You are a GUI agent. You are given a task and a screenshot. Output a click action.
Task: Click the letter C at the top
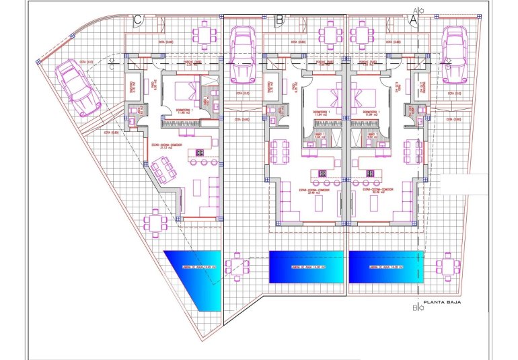137,20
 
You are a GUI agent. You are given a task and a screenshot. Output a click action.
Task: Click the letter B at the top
280,20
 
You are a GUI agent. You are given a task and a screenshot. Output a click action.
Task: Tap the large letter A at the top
414,20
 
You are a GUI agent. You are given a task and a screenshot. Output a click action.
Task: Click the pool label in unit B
307,267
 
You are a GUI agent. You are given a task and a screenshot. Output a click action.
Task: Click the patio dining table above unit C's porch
203,33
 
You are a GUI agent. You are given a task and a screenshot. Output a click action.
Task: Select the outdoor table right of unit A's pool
447,266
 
